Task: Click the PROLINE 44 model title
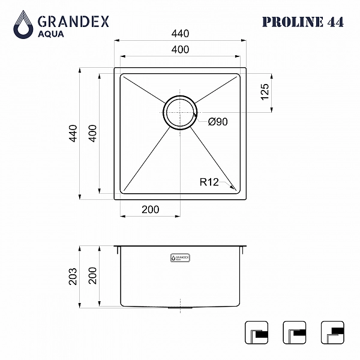pos(303,22)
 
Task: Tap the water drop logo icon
pos(23,25)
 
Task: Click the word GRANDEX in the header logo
pos(73,22)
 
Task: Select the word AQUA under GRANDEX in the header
pos(51,34)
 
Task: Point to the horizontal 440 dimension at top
pos(180,34)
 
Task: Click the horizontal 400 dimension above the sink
pos(180,49)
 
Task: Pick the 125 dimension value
pos(265,92)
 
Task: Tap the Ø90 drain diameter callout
pos(218,122)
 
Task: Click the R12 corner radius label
pos(209,182)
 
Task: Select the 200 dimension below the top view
pos(151,209)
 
